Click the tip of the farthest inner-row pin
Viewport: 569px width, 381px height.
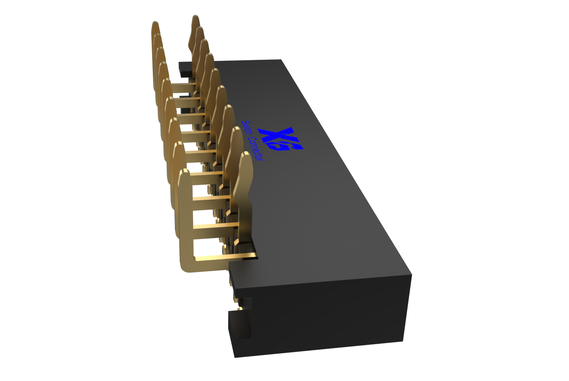pos(195,18)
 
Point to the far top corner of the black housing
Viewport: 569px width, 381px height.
pos(281,60)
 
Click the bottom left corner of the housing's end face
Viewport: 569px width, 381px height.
pos(235,356)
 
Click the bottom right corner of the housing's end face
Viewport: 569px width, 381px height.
pos(403,341)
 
